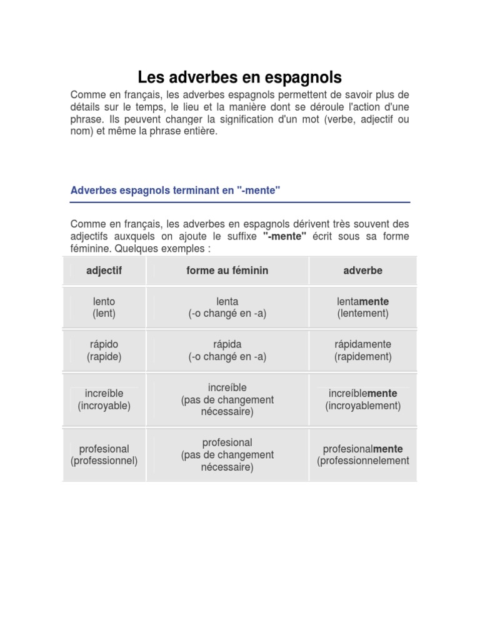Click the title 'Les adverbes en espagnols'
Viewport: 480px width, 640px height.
click(x=240, y=77)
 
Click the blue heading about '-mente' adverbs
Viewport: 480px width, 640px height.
click(x=175, y=190)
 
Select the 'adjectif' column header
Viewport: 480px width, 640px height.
click(x=104, y=271)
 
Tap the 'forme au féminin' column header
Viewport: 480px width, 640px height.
click(x=227, y=271)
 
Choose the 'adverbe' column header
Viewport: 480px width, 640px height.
click(x=362, y=271)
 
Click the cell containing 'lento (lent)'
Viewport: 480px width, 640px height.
click(x=104, y=307)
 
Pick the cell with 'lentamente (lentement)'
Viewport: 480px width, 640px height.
click(x=362, y=307)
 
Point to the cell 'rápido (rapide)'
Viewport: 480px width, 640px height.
click(x=104, y=351)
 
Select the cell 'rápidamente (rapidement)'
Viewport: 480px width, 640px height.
click(x=362, y=351)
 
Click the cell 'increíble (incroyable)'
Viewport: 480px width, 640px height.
click(x=104, y=399)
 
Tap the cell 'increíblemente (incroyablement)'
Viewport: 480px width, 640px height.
click(x=362, y=399)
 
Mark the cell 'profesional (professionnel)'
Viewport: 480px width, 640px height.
click(x=104, y=455)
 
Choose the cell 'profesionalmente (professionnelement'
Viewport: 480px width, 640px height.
click(x=362, y=455)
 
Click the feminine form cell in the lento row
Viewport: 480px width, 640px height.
click(x=227, y=307)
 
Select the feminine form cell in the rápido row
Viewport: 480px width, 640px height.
click(x=227, y=351)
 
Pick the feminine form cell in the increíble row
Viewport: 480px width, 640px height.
click(x=227, y=399)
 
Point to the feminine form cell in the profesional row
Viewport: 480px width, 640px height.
click(x=227, y=455)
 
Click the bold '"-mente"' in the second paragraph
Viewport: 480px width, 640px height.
click(x=284, y=236)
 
